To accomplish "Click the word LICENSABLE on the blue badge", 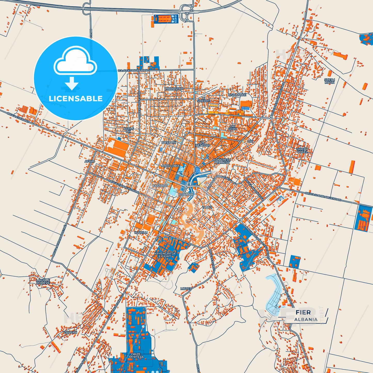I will (76, 99).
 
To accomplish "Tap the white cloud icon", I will (75, 62).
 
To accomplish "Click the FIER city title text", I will (303, 312).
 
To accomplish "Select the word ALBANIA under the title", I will (306, 319).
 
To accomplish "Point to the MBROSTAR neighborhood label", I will (174, 89).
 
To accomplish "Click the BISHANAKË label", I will (237, 95).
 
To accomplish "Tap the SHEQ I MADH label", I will (329, 81).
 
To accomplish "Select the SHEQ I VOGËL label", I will (302, 150).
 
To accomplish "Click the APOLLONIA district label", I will (170, 166).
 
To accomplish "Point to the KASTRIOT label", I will (160, 186).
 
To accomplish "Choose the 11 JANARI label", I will (186, 194).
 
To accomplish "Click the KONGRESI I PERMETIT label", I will (222, 161).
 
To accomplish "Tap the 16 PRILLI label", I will (141, 233).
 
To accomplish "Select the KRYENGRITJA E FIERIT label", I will (165, 255).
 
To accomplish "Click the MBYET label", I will (186, 289).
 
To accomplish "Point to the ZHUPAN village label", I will (70, 332).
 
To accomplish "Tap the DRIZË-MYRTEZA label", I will (136, 355).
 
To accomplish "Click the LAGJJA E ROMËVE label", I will (43, 282).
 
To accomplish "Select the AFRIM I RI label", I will (128, 130).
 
